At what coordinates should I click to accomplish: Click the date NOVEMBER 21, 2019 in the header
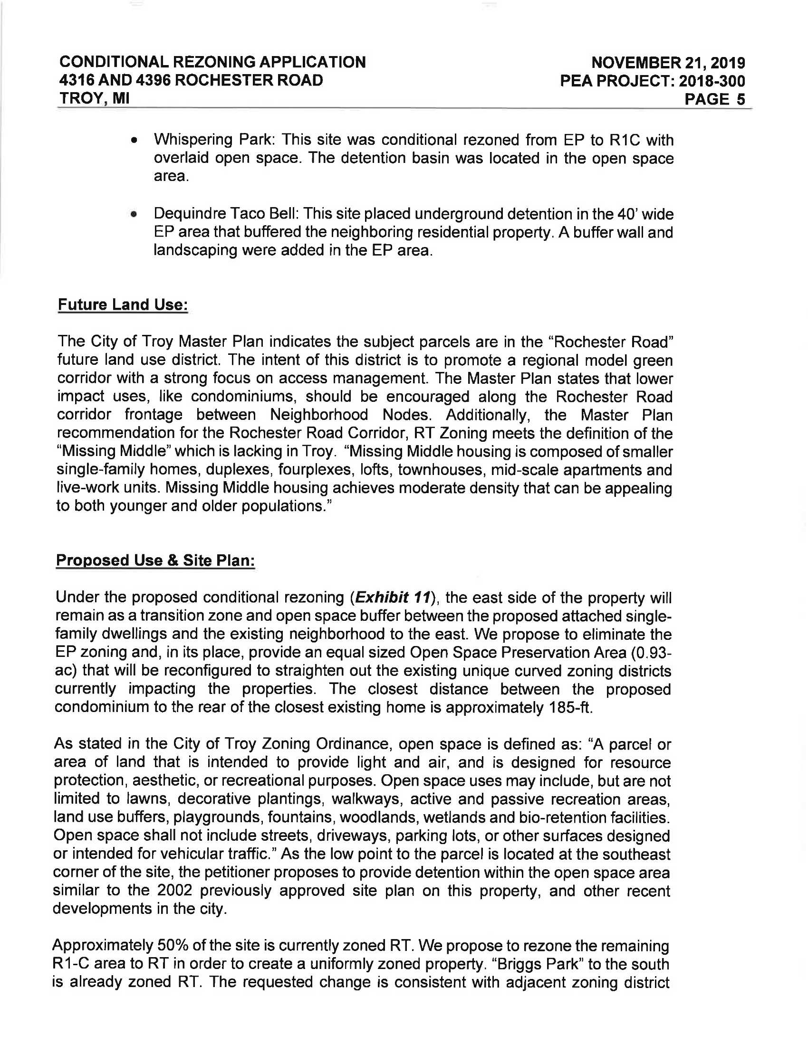[x=668, y=63]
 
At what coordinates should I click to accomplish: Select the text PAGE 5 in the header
[x=715, y=99]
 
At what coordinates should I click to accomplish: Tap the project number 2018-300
[x=712, y=81]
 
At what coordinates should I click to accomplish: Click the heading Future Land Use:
[x=123, y=305]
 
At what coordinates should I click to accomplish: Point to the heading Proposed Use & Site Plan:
[x=155, y=560]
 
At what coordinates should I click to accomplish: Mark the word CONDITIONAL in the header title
[x=114, y=62]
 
